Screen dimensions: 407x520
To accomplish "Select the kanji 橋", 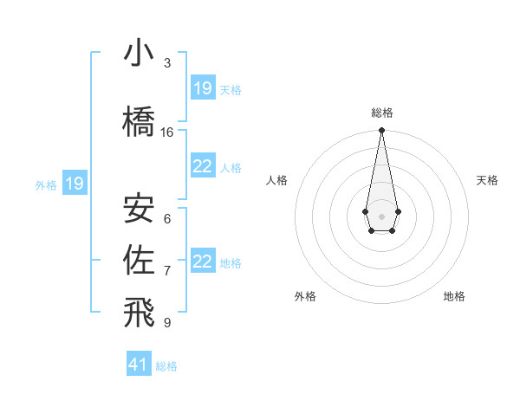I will pyautogui.click(x=139, y=121).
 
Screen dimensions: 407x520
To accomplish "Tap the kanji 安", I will pyautogui.click(x=139, y=208).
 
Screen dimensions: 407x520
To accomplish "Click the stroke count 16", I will pyautogui.click(x=167, y=132).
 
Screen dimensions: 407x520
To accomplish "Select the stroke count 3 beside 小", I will pyautogui.click(x=167, y=63).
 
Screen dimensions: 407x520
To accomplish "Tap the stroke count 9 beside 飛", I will pyautogui.click(x=167, y=323).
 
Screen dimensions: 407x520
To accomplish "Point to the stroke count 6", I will pyautogui.click(x=167, y=219).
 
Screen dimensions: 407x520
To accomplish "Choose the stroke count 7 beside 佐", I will pyautogui.click(x=167, y=271).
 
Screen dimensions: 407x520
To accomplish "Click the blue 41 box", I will pyautogui.click(x=139, y=365).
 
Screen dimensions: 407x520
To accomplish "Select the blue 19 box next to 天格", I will pyautogui.click(x=203, y=88).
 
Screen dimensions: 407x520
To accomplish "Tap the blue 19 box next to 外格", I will pyautogui.click(x=75, y=184).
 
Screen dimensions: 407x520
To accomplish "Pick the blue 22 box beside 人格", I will pyautogui.click(x=203, y=166).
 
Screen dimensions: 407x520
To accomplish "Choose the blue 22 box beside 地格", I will pyautogui.click(x=203, y=262).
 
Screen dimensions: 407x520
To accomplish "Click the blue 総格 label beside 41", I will pyautogui.click(x=166, y=366).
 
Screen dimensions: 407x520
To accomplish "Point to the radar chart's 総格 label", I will pyautogui.click(x=381, y=113).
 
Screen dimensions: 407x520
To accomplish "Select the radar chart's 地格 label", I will pyautogui.click(x=454, y=296).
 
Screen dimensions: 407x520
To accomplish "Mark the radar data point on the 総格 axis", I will pyautogui.click(x=381, y=131).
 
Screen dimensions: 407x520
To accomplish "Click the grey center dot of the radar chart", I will pyautogui.click(x=381, y=216).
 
